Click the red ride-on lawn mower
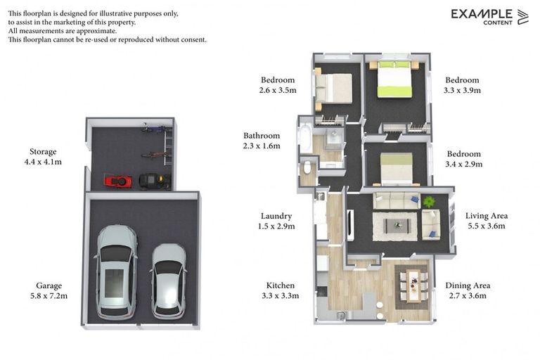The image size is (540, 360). pos(118,181)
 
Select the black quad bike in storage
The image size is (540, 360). pos(155,181)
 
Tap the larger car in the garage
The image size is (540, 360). pos(116,272)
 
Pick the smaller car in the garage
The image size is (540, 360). pos(169,281)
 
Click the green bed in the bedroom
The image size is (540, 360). pos(394,79)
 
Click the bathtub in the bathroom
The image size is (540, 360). pos(305,139)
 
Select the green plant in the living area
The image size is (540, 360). pos(429,202)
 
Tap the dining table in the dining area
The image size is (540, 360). pos(413,286)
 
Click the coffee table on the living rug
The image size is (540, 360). pos(397,226)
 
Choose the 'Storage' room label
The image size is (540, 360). pos(43,152)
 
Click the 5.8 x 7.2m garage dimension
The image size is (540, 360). pos(49,295)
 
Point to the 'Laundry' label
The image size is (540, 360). pos(276,216)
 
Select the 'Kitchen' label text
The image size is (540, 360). pos(281,285)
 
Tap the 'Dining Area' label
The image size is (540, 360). pos(468,285)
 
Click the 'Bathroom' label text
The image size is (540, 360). pos(262,136)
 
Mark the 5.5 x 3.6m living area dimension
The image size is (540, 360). pos(487,226)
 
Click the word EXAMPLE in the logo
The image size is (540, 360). pos(482,14)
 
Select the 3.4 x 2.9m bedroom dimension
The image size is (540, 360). pos(464,164)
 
